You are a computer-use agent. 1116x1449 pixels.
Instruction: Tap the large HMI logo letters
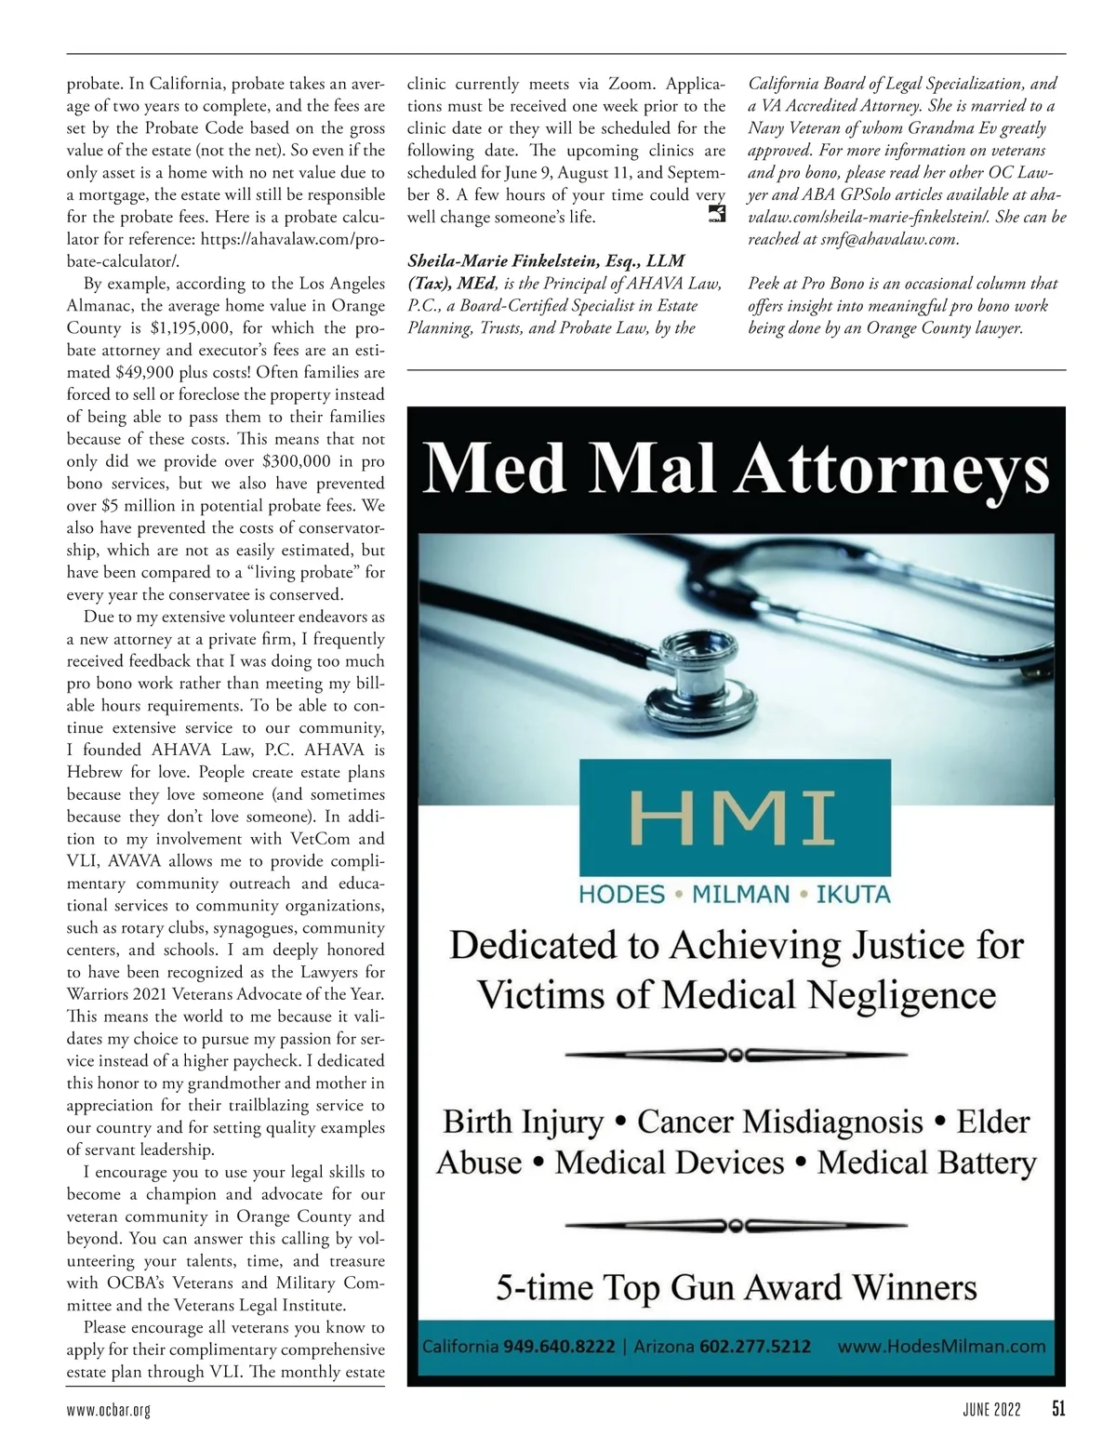[x=735, y=812]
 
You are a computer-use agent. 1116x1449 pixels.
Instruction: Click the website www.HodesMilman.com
[x=941, y=1346]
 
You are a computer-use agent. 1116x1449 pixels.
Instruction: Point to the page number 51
[x=1058, y=1410]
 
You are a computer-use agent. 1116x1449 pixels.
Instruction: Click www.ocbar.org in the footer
[x=109, y=1411]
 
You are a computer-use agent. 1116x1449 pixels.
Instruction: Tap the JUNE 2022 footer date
[x=991, y=1410]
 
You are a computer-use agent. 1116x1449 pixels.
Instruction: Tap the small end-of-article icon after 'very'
[x=716, y=216]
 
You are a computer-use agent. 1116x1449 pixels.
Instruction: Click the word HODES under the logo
[x=621, y=896]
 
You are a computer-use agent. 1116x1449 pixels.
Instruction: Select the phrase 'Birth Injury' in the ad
[x=524, y=1122]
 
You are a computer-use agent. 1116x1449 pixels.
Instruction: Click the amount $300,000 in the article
[x=297, y=461]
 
